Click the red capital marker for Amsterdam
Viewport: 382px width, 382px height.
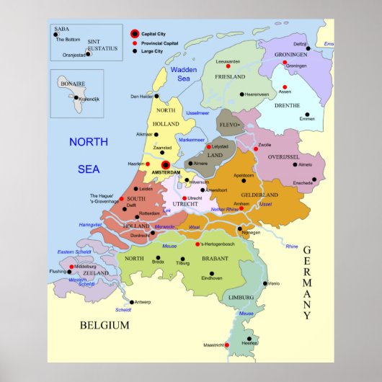point(165,165)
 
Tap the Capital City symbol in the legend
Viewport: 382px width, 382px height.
point(134,33)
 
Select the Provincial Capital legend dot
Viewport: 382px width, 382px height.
point(134,43)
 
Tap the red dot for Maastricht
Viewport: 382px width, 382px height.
point(227,345)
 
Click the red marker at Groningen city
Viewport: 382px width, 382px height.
point(285,63)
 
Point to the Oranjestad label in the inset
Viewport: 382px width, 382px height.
point(74,54)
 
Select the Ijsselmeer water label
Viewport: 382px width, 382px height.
point(198,113)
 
